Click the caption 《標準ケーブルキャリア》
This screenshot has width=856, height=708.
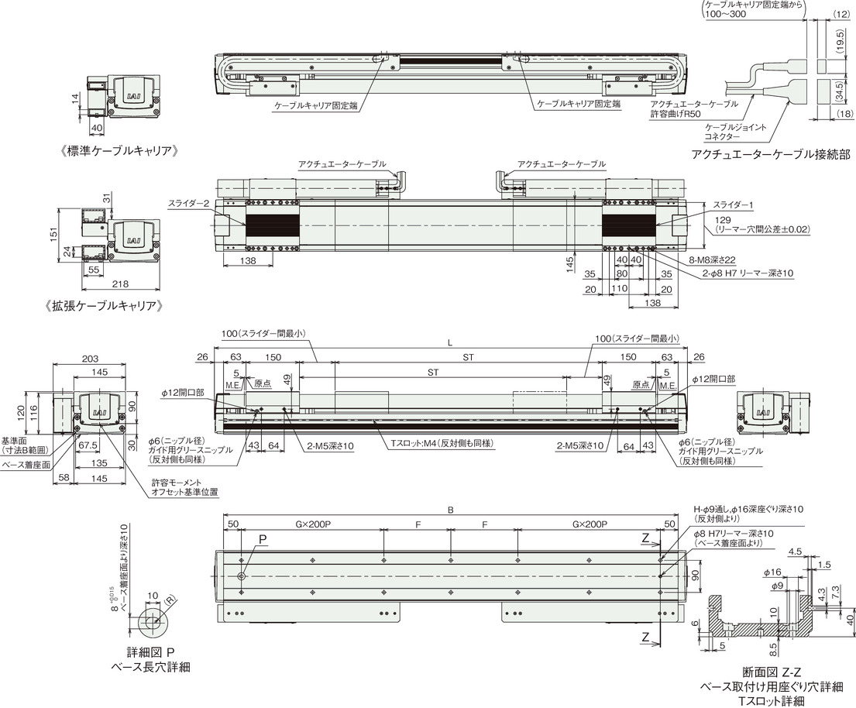click(119, 150)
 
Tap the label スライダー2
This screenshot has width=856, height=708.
click(189, 204)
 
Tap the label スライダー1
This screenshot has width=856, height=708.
click(733, 204)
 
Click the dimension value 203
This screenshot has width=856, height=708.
click(90, 359)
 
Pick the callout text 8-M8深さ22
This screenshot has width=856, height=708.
click(714, 260)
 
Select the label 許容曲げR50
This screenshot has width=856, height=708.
click(676, 114)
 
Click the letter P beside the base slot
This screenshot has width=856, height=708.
click(263, 539)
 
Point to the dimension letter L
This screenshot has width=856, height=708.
click(450, 343)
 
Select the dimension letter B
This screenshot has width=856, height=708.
click(451, 511)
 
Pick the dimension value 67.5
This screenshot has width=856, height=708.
click(88, 446)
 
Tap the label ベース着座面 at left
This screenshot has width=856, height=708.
click(27, 465)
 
